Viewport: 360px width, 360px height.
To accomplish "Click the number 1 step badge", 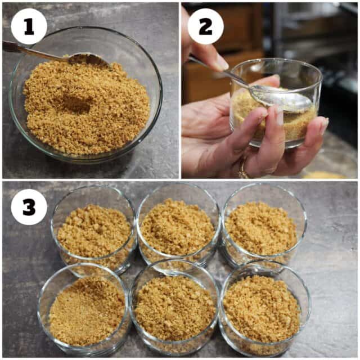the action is pyautogui.click(x=29, y=26).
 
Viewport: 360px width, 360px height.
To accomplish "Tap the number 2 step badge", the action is pyautogui.click(x=205, y=26).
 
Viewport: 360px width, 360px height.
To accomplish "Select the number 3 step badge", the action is pyautogui.click(x=29, y=207).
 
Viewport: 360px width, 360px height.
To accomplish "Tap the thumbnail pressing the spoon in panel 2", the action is pyautogui.click(x=221, y=64).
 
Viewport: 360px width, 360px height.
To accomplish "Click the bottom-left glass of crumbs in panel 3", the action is pyautogui.click(x=84, y=310).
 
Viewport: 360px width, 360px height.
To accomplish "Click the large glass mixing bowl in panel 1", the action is pyautogui.click(x=85, y=94).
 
